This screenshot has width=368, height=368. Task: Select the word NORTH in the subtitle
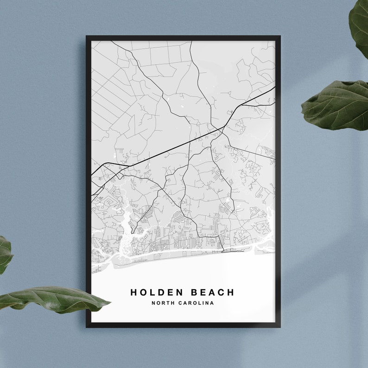[162, 303]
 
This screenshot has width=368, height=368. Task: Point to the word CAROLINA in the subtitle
[195, 303]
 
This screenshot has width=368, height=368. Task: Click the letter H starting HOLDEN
[133, 292]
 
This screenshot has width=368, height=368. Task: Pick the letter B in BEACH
[193, 292]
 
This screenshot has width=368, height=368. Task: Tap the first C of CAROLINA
[179, 303]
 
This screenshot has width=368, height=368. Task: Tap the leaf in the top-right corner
[360, 25]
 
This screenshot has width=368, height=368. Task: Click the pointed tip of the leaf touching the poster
[109, 304]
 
